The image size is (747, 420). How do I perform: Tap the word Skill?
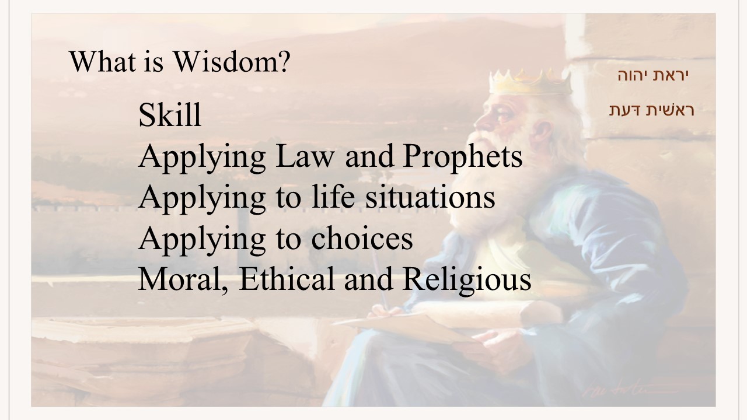(170, 115)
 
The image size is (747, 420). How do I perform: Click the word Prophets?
(463, 157)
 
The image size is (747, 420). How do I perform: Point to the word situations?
(430, 197)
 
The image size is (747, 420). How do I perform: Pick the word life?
(333, 197)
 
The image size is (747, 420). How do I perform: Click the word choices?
(362, 239)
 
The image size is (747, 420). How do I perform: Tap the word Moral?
(183, 279)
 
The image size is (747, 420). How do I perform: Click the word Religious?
(467, 279)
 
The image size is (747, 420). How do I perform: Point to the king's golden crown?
(530, 82)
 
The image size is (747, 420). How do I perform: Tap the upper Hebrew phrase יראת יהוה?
(653, 75)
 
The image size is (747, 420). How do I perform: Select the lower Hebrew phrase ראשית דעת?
(652, 110)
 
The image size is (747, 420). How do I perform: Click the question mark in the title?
(284, 62)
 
